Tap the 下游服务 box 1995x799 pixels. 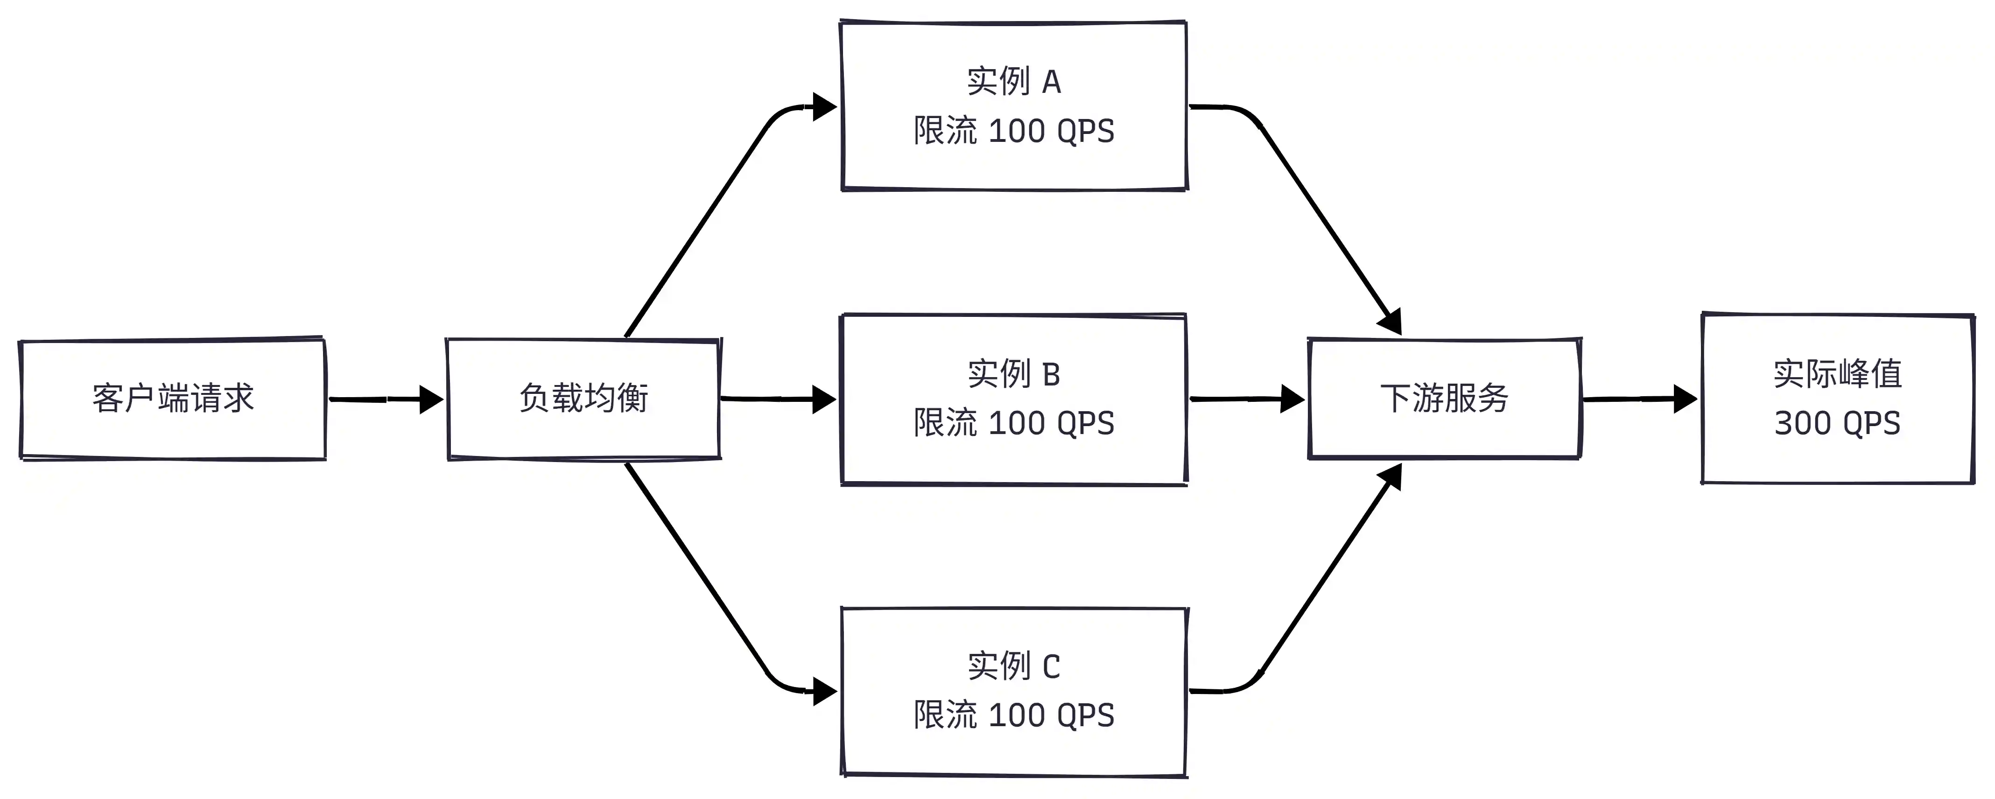(1444, 399)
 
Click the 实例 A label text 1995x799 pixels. (1014, 81)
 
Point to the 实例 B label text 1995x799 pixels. (1014, 374)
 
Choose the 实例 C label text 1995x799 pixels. (1014, 666)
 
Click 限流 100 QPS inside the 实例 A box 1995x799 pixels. (1014, 131)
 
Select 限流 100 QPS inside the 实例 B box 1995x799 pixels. (1014, 423)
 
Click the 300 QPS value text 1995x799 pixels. (1837, 423)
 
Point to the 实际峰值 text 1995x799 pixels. (1837, 374)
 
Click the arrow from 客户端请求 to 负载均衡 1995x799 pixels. (386, 399)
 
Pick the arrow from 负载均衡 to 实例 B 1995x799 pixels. (778, 399)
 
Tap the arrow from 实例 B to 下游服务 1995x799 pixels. (1247, 399)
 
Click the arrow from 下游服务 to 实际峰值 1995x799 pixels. (1639, 399)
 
